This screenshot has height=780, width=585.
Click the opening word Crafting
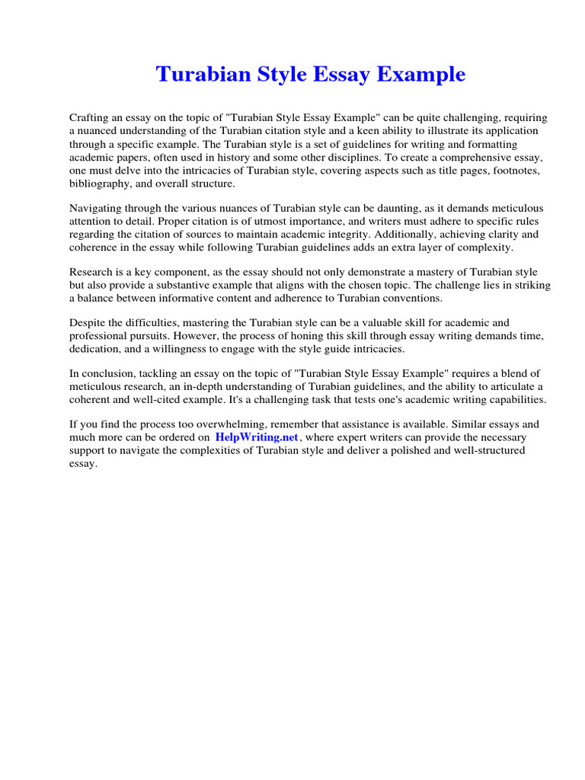tap(90, 118)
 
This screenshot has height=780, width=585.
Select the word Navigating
tap(97, 208)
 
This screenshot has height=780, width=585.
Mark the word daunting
tap(379, 208)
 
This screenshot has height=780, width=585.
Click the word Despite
tap(88, 321)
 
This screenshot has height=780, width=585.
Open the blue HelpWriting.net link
tap(257, 437)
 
